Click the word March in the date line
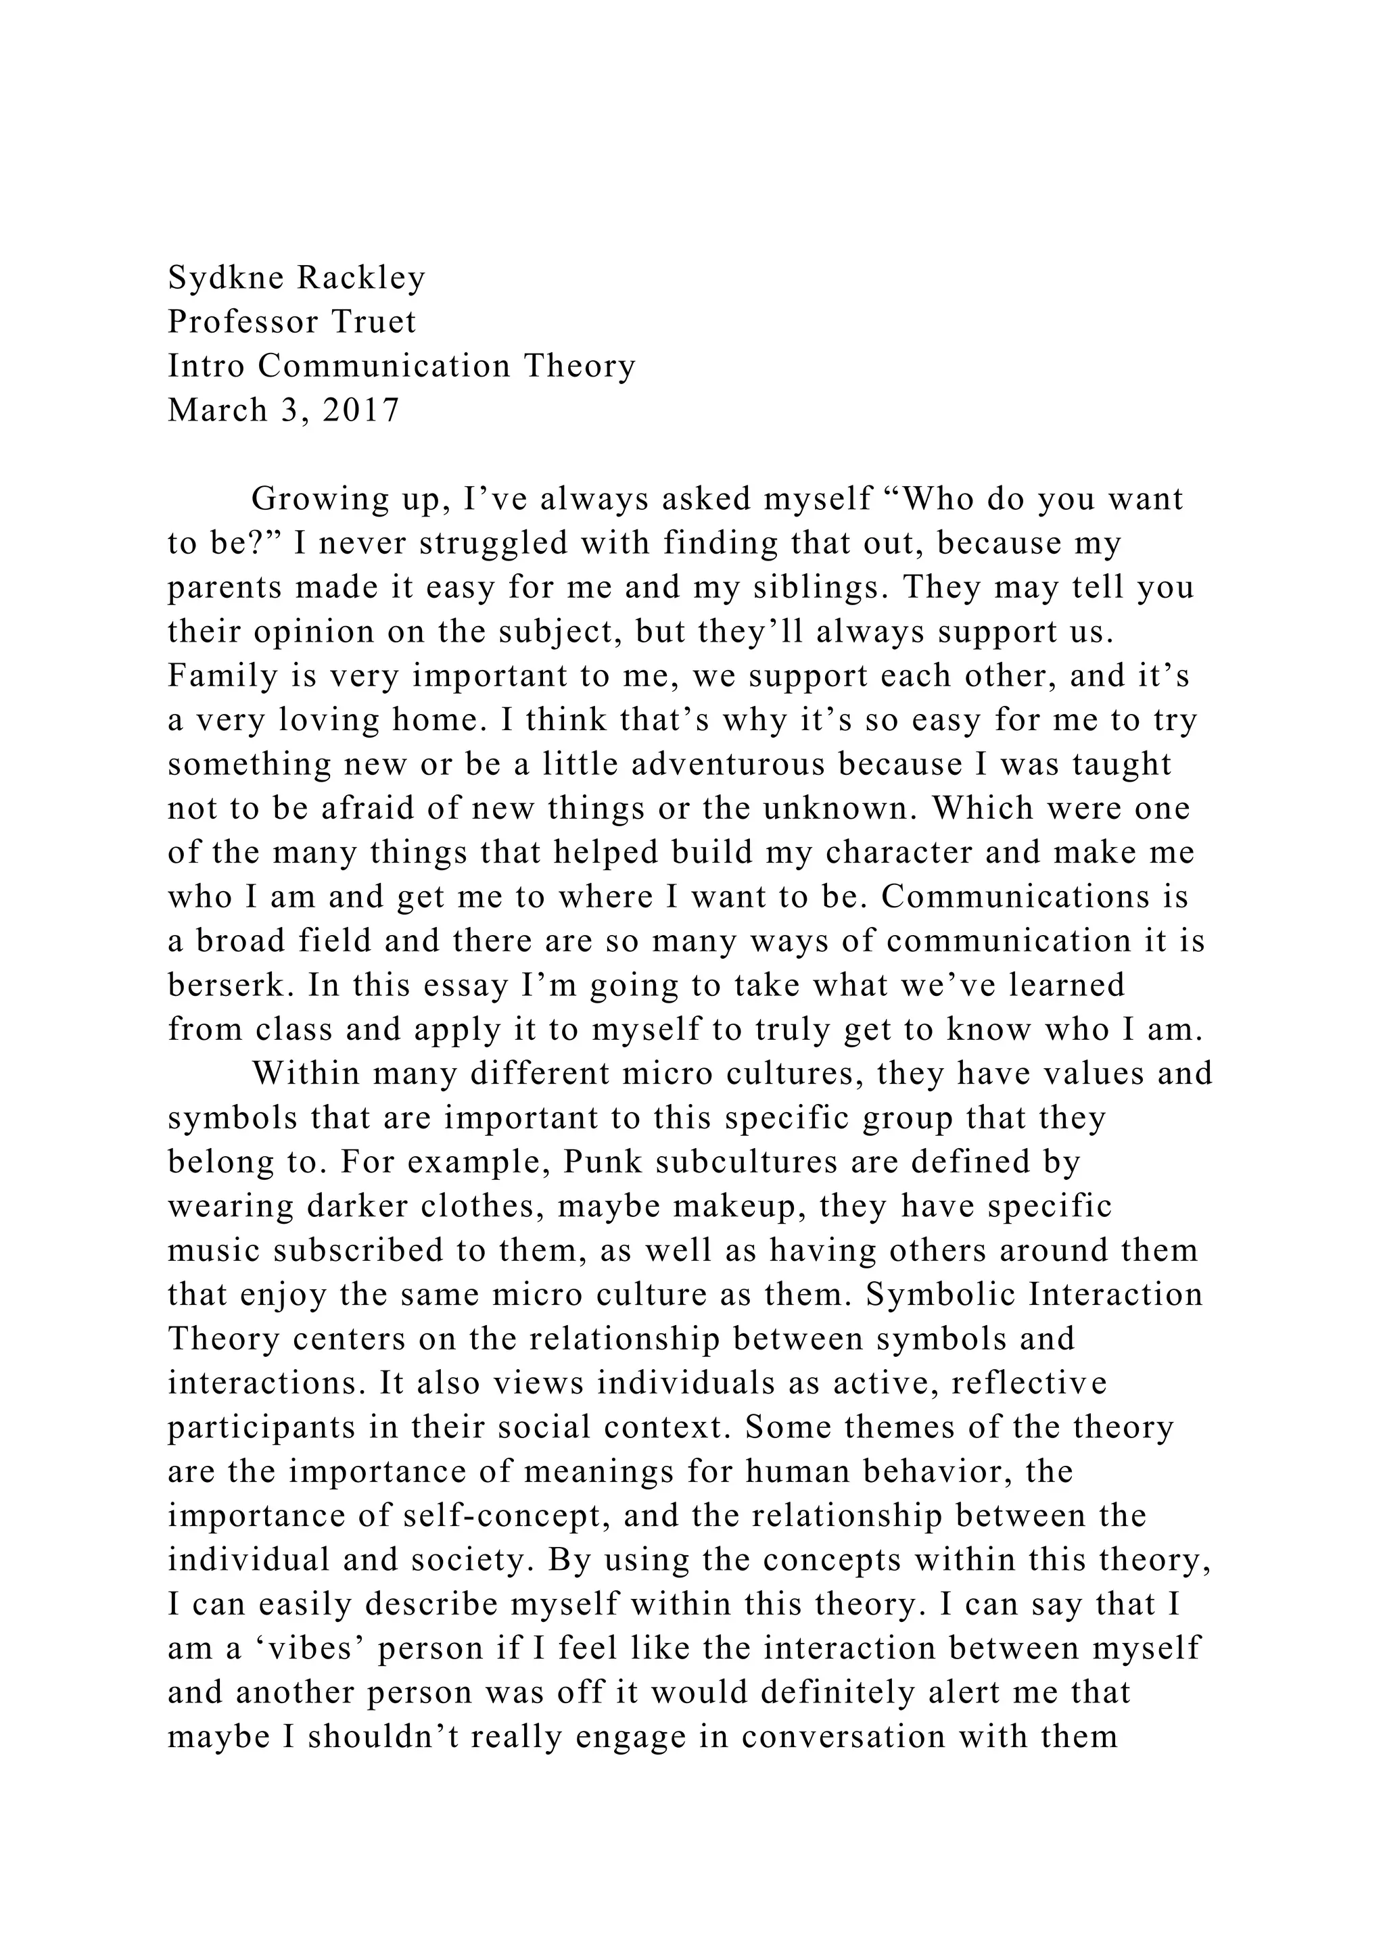(x=210, y=410)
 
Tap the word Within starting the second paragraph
(x=306, y=1074)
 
